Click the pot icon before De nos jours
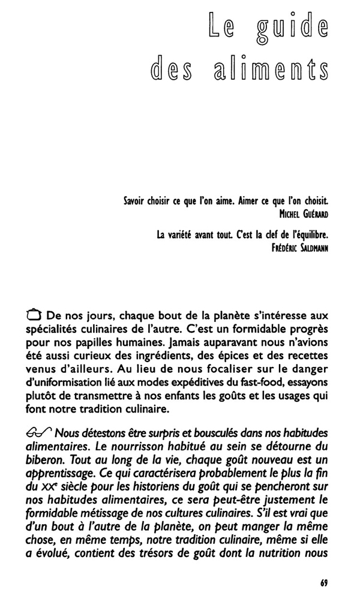point(34,315)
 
